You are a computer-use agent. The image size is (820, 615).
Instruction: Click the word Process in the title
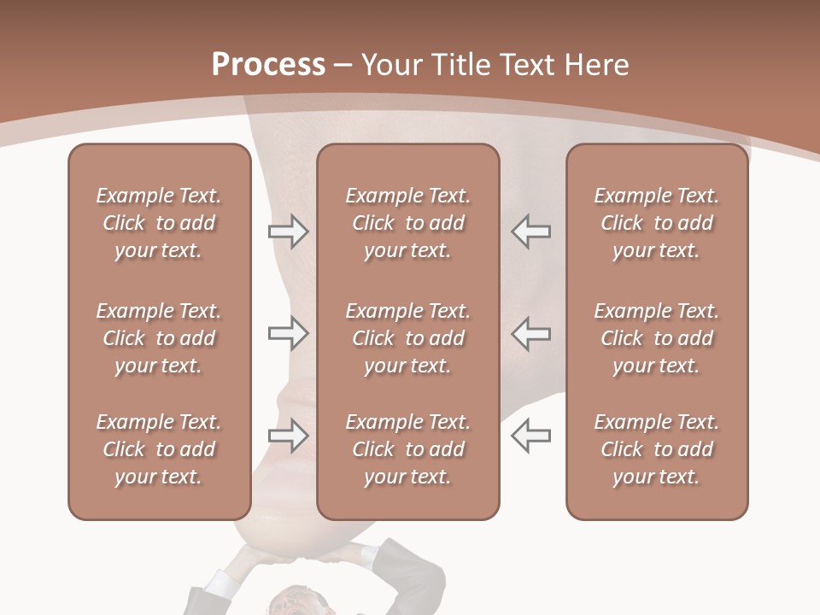[x=268, y=65]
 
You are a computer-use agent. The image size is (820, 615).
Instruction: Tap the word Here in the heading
[x=593, y=65]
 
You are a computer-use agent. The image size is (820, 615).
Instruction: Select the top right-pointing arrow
[x=288, y=231]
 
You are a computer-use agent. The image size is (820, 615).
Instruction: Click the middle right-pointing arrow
[x=288, y=334]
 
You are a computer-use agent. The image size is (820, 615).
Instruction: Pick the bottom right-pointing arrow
[x=288, y=436]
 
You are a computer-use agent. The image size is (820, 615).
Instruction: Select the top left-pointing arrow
[x=530, y=231]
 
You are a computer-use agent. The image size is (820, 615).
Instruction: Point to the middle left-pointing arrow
[x=530, y=334]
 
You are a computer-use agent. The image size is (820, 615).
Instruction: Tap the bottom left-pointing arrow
[x=530, y=436]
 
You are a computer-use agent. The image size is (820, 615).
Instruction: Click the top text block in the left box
[x=159, y=223]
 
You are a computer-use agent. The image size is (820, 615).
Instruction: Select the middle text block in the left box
[x=159, y=338]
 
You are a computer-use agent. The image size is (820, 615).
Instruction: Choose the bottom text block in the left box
[x=159, y=449]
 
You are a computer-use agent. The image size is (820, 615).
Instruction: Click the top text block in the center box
[x=407, y=223]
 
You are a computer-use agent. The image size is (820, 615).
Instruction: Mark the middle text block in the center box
[x=407, y=338]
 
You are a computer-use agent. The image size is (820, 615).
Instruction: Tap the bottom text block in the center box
[x=407, y=449]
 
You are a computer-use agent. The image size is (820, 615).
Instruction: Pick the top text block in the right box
[x=656, y=223]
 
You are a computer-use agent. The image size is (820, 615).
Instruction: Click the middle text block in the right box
[x=656, y=338]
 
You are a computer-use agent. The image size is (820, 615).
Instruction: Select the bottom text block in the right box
[x=656, y=449]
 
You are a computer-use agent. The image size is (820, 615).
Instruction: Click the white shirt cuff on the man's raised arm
[x=220, y=585]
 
